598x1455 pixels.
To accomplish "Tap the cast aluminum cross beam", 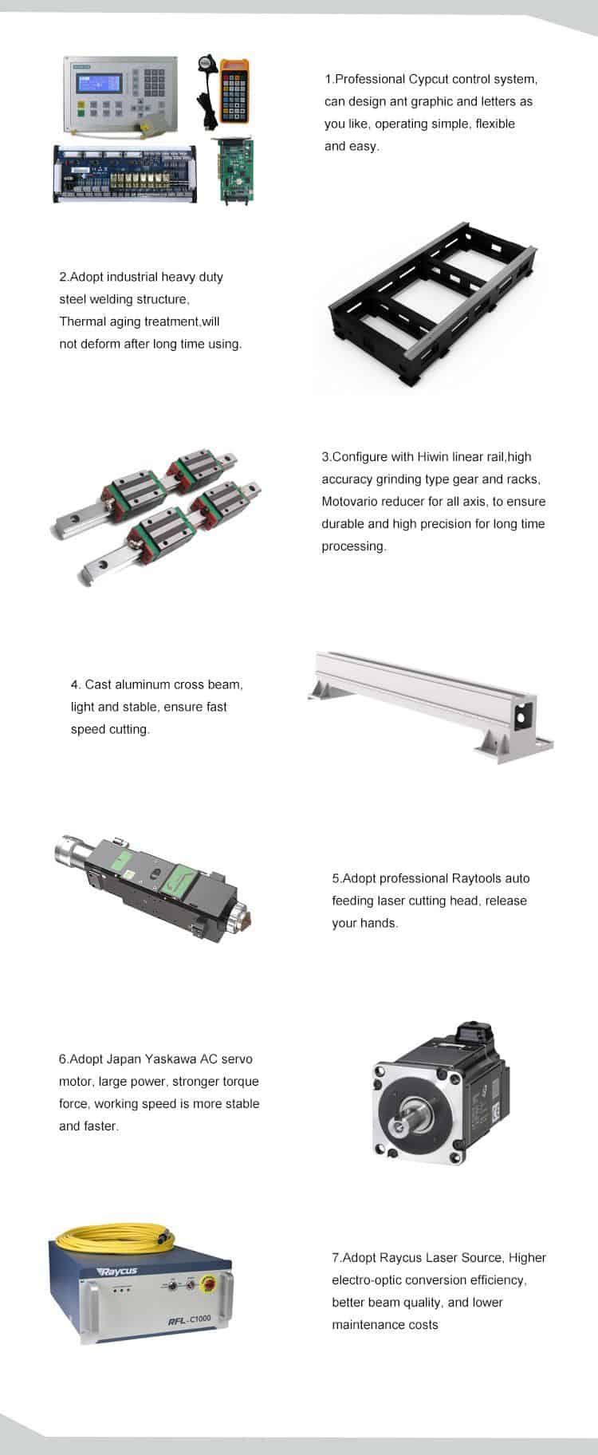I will (431, 702).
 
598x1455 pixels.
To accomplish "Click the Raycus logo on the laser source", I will (116, 1272).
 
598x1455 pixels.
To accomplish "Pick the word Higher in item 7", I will (527, 1258).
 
